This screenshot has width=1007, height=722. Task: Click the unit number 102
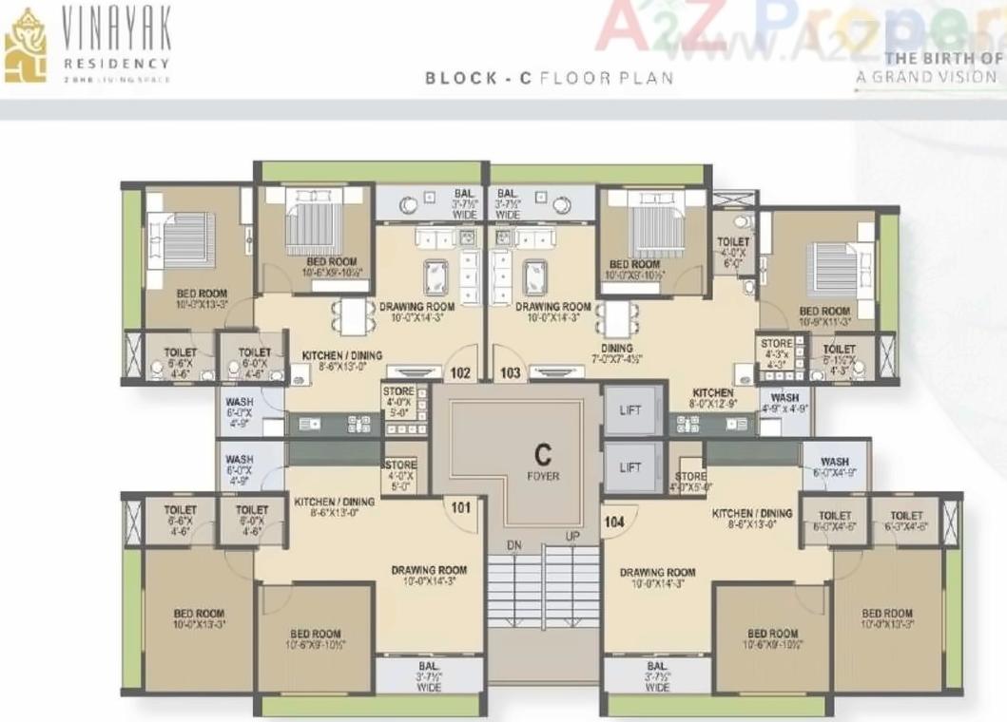tap(461, 373)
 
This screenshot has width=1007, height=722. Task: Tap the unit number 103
tap(511, 373)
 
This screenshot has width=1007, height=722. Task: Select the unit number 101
tap(461, 507)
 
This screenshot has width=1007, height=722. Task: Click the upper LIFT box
tap(630, 410)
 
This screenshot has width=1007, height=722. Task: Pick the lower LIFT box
tap(630, 467)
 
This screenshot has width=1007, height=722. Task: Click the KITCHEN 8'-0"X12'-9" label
tap(712, 398)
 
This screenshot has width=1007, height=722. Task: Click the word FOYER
tap(544, 475)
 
